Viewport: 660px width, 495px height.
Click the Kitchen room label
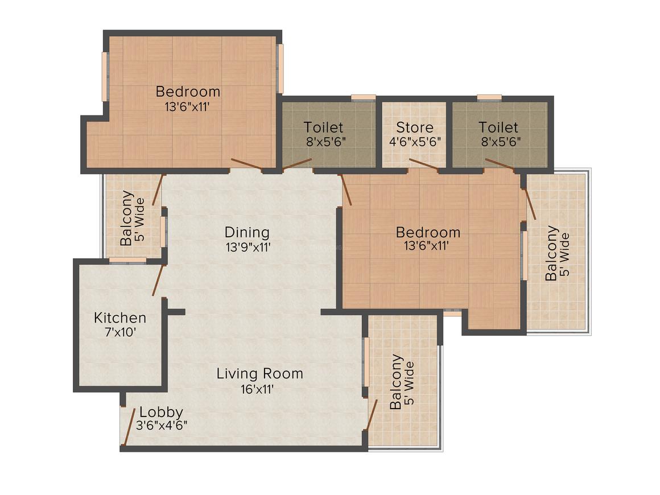(x=120, y=317)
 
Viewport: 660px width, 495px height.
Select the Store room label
(x=415, y=127)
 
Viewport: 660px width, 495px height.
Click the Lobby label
(x=162, y=412)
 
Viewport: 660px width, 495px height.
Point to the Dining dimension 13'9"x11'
(x=246, y=247)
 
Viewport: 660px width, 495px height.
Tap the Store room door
(x=423, y=165)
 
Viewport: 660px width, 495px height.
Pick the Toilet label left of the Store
(x=323, y=127)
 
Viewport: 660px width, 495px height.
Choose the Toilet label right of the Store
(x=498, y=127)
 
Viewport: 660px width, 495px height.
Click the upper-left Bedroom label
(x=188, y=91)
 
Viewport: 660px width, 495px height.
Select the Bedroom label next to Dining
(x=428, y=232)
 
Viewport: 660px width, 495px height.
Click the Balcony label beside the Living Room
(x=397, y=382)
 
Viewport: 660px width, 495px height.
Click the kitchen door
(x=158, y=280)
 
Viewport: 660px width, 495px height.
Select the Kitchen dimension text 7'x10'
(x=119, y=332)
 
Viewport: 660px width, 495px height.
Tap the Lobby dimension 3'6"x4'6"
(x=162, y=426)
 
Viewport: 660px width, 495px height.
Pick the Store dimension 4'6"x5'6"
(x=415, y=142)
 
